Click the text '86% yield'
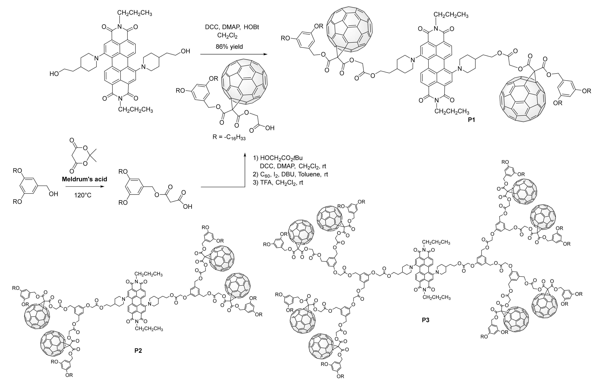tap(229, 47)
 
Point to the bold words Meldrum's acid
tap(85, 179)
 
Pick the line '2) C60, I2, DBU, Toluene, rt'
tap(290, 174)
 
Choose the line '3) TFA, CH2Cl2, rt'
tap(278, 183)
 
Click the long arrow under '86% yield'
tap(233, 54)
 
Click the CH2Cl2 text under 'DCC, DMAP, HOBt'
tap(227, 36)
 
